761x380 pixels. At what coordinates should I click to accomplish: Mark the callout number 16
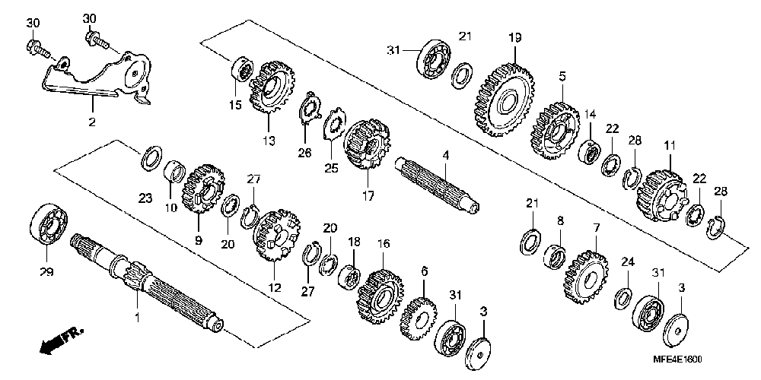click(x=384, y=244)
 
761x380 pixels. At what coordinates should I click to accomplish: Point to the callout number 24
click(x=627, y=261)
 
